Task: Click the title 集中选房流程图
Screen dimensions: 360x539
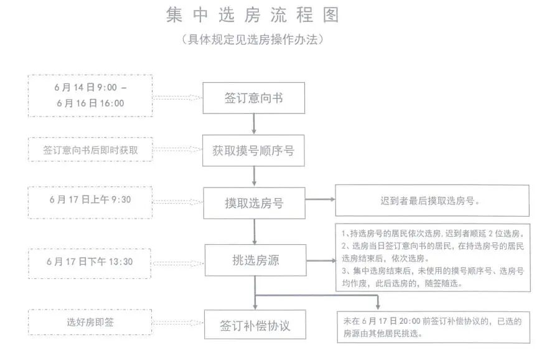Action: click(253, 15)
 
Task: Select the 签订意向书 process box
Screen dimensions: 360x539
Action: click(255, 98)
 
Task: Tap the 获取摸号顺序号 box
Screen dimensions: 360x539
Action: click(253, 150)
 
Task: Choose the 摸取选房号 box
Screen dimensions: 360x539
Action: click(255, 203)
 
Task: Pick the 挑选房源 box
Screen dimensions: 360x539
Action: click(255, 260)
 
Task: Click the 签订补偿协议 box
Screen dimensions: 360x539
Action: click(255, 325)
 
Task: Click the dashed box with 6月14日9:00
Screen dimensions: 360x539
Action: click(90, 95)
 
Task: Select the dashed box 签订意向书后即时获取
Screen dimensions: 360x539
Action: click(90, 150)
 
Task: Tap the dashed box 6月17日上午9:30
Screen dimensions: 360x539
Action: click(90, 200)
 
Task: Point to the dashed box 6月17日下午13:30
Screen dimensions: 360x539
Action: click(90, 262)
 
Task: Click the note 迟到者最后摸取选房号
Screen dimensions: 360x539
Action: click(433, 201)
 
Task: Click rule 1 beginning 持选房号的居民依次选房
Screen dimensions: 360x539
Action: click(433, 234)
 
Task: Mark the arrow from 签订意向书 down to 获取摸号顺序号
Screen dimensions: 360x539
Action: click(255, 124)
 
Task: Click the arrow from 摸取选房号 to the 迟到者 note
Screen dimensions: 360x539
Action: click(320, 200)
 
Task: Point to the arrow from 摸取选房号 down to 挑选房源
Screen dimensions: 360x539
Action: click(255, 230)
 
